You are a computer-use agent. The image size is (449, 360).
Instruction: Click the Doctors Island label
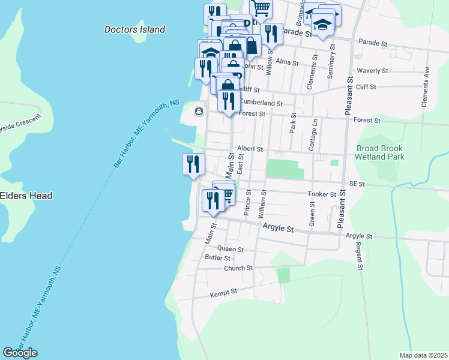click(134, 29)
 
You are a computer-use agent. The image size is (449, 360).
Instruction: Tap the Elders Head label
click(26, 196)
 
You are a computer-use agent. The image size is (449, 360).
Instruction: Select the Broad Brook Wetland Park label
click(380, 152)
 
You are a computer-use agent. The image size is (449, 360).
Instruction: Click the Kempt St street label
click(224, 292)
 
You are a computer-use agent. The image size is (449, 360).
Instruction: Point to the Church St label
click(238, 268)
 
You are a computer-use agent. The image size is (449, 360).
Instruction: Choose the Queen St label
click(231, 248)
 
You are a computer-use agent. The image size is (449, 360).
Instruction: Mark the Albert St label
click(250, 148)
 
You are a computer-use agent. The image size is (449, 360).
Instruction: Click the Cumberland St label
click(261, 103)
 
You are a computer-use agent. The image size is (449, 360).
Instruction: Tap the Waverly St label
click(372, 70)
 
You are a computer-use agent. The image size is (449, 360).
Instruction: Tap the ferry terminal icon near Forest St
click(198, 112)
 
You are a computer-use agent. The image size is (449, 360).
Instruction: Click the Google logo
click(20, 352)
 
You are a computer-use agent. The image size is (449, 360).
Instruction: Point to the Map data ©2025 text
click(423, 355)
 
